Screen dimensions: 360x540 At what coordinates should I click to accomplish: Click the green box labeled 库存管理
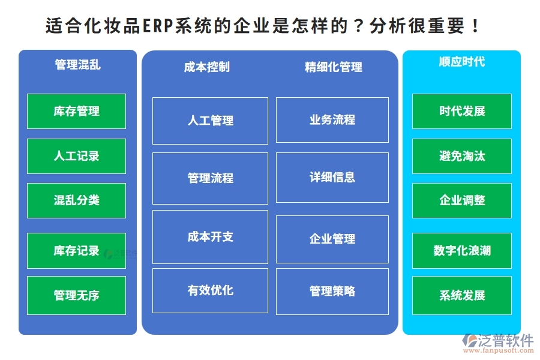click(x=76, y=111)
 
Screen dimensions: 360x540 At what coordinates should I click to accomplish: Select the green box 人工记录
click(x=76, y=156)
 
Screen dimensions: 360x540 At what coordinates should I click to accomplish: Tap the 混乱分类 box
click(x=76, y=200)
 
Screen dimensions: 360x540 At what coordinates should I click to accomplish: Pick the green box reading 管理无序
click(x=76, y=295)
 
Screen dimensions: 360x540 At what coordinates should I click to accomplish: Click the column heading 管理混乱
click(x=77, y=65)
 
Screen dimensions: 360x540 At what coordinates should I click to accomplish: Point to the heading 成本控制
click(x=206, y=67)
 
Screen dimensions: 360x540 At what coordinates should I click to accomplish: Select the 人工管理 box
click(x=210, y=121)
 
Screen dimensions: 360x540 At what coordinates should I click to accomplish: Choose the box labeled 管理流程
click(x=210, y=178)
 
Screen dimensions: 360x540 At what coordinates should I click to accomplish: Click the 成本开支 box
click(x=210, y=236)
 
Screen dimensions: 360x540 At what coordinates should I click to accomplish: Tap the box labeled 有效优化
click(x=210, y=290)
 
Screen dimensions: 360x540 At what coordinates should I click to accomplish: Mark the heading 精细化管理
click(x=333, y=67)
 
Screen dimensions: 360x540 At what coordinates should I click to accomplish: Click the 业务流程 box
click(x=332, y=120)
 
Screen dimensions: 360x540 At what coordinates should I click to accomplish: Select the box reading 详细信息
click(x=332, y=178)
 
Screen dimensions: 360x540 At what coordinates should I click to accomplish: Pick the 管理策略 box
click(x=332, y=291)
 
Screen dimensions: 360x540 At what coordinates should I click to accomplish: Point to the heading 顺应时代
click(x=461, y=62)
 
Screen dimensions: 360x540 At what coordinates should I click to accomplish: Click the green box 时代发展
click(x=461, y=111)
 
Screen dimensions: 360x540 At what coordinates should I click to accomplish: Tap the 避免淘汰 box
click(x=461, y=156)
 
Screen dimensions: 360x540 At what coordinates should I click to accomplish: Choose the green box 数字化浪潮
click(x=461, y=250)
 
